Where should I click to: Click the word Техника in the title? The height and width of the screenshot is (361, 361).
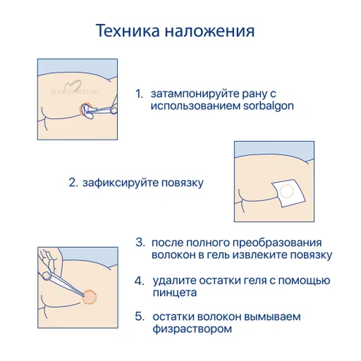[x=128, y=31]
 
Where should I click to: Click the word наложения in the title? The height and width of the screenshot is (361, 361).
[x=210, y=31]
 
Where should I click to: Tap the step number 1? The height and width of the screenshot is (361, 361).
[x=139, y=94]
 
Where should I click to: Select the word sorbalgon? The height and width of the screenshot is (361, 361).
[x=268, y=106]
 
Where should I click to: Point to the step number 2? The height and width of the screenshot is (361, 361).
[x=73, y=183]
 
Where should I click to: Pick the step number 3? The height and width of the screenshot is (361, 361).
[x=140, y=243]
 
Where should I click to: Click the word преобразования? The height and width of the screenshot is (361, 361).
[x=277, y=243]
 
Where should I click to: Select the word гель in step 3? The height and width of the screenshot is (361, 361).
[x=218, y=255]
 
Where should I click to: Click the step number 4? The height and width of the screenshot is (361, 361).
[x=140, y=281]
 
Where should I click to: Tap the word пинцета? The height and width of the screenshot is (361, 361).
[x=175, y=293]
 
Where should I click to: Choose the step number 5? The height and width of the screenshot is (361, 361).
[x=140, y=316]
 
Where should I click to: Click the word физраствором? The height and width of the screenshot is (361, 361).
[x=192, y=330]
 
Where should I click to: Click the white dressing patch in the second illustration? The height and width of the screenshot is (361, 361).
[x=289, y=193]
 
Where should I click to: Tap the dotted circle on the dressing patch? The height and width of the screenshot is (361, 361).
[x=286, y=191]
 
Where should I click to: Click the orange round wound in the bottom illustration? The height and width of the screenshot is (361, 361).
[x=89, y=297]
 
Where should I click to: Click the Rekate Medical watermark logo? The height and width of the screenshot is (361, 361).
[x=75, y=89]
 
